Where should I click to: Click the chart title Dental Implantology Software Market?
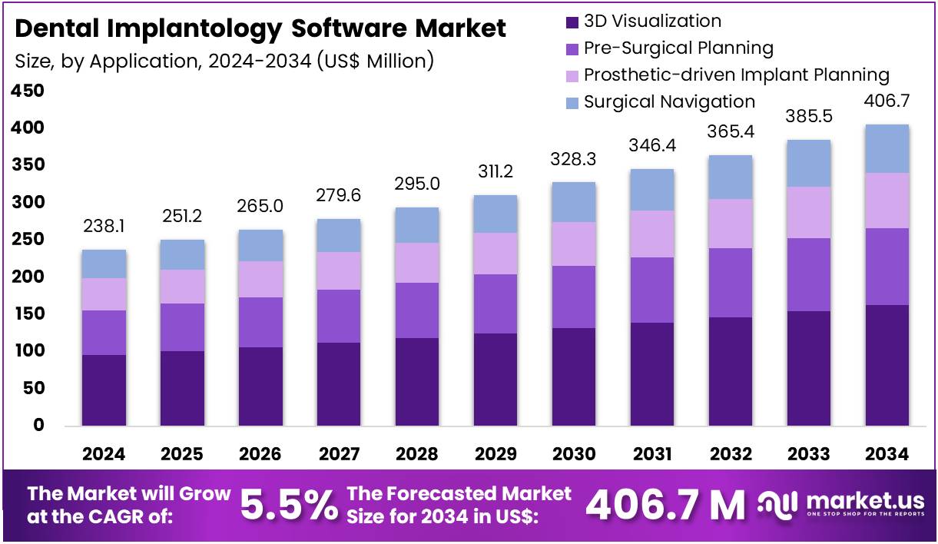(260, 28)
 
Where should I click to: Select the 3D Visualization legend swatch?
(572, 22)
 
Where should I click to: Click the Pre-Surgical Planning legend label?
(678, 48)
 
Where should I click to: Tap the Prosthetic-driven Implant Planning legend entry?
(736, 75)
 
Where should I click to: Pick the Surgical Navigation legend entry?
(669, 101)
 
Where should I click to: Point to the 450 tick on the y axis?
(27, 91)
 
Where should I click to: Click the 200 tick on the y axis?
(27, 277)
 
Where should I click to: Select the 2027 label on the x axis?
(339, 454)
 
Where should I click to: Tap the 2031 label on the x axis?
(653, 454)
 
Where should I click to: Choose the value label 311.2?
(496, 172)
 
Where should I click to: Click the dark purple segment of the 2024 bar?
(104, 390)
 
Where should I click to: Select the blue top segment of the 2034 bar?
(887, 148)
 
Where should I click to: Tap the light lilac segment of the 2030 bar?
(574, 244)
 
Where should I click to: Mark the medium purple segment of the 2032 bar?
(731, 282)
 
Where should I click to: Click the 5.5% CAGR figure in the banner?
(289, 505)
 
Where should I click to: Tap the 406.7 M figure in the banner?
(665, 505)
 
